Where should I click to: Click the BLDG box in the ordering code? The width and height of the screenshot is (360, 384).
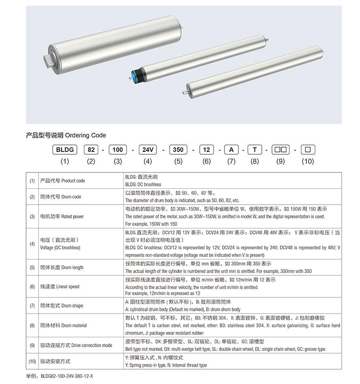coord(65,150)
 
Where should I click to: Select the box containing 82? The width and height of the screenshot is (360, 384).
coord(91,150)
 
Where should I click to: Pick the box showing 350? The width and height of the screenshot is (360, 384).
coord(178,150)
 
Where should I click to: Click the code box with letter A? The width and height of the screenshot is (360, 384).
coord(231,150)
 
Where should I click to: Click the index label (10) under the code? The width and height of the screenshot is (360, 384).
coord(308,161)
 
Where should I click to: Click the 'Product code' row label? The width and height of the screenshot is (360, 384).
coord(63,180)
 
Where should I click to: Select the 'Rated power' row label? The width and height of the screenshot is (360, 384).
coord(62,216)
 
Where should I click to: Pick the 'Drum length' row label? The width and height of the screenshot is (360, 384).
coord(62,267)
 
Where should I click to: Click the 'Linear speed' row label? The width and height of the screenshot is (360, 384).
coord(62,287)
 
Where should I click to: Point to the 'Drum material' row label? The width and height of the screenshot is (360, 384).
coord(63,325)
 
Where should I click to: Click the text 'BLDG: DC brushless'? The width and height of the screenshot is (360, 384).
coord(143,185)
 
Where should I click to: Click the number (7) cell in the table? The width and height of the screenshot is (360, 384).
coord(32,306)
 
